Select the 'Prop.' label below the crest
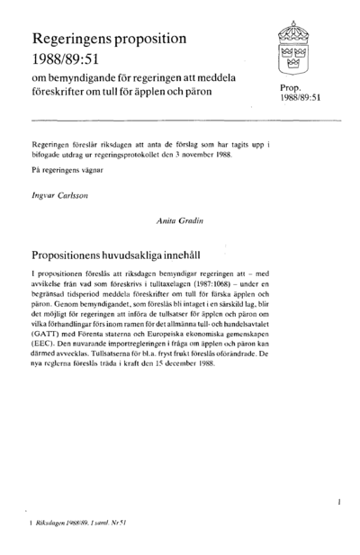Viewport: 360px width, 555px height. click(294, 87)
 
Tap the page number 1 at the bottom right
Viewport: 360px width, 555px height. click(337, 497)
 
